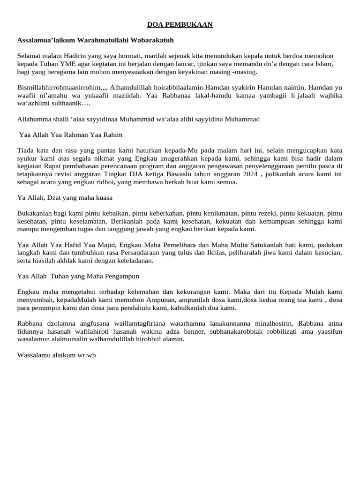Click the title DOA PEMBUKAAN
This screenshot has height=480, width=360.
[x=180, y=24]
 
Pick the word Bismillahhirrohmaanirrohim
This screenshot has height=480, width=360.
[x=58, y=87]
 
